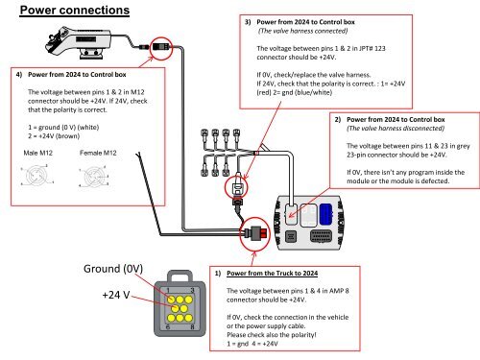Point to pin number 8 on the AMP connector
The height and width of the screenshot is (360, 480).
195,327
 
